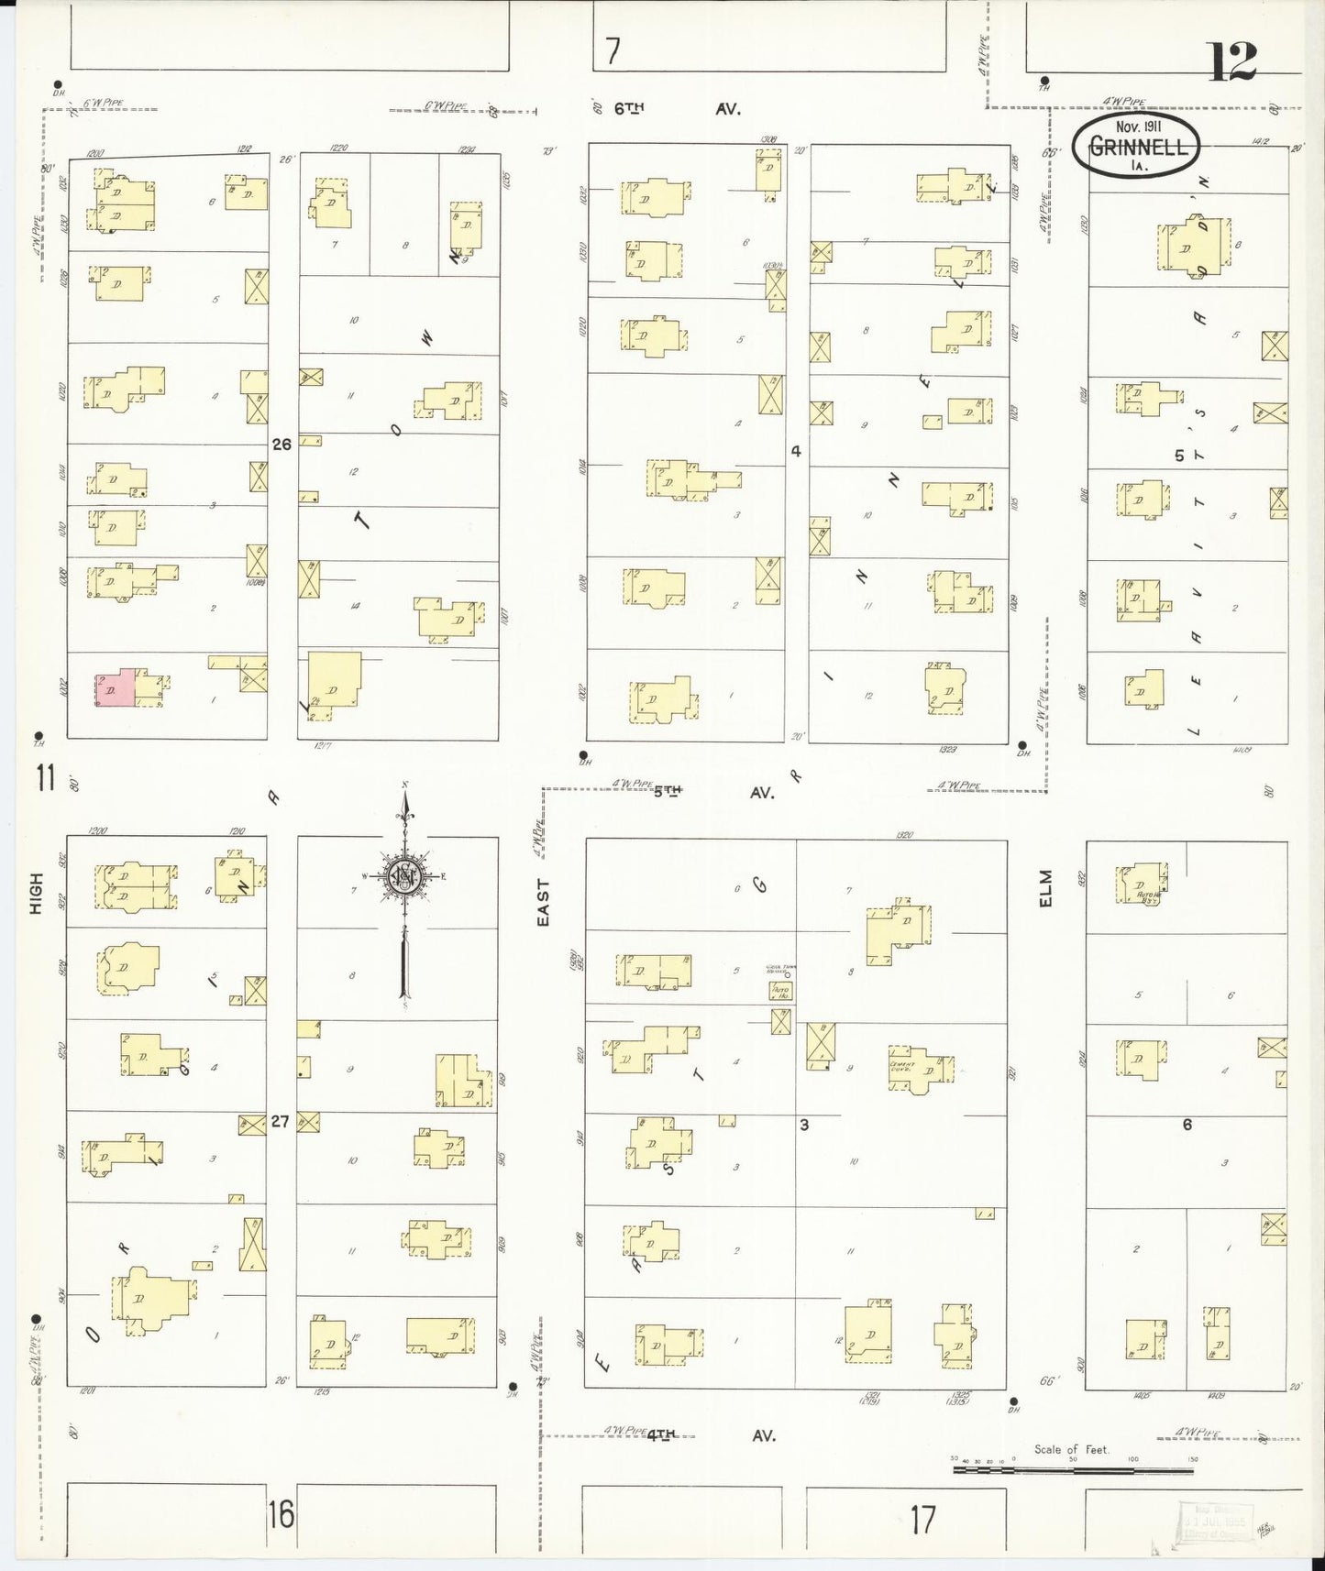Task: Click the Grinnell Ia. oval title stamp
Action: [x=1136, y=145]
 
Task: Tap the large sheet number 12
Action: [x=1232, y=62]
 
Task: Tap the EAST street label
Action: [x=543, y=902]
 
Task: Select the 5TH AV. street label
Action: [x=712, y=792]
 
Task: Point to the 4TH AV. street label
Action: [x=710, y=1435]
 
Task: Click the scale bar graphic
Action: [x=1073, y=1469]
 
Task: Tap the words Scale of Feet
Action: [x=1071, y=1449]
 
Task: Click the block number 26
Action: [x=282, y=444]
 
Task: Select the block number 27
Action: [x=281, y=1120]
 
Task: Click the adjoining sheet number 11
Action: [x=46, y=779]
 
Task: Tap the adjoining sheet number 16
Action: [x=282, y=1515]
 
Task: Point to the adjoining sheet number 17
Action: [x=923, y=1519]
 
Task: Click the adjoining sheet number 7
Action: [x=613, y=51]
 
